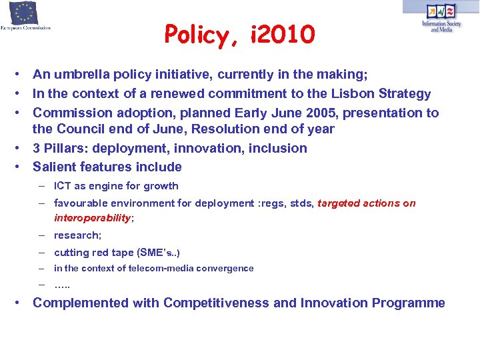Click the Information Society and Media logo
[441, 17]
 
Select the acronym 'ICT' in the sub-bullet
[63, 186]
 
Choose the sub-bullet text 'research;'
[77, 235]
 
